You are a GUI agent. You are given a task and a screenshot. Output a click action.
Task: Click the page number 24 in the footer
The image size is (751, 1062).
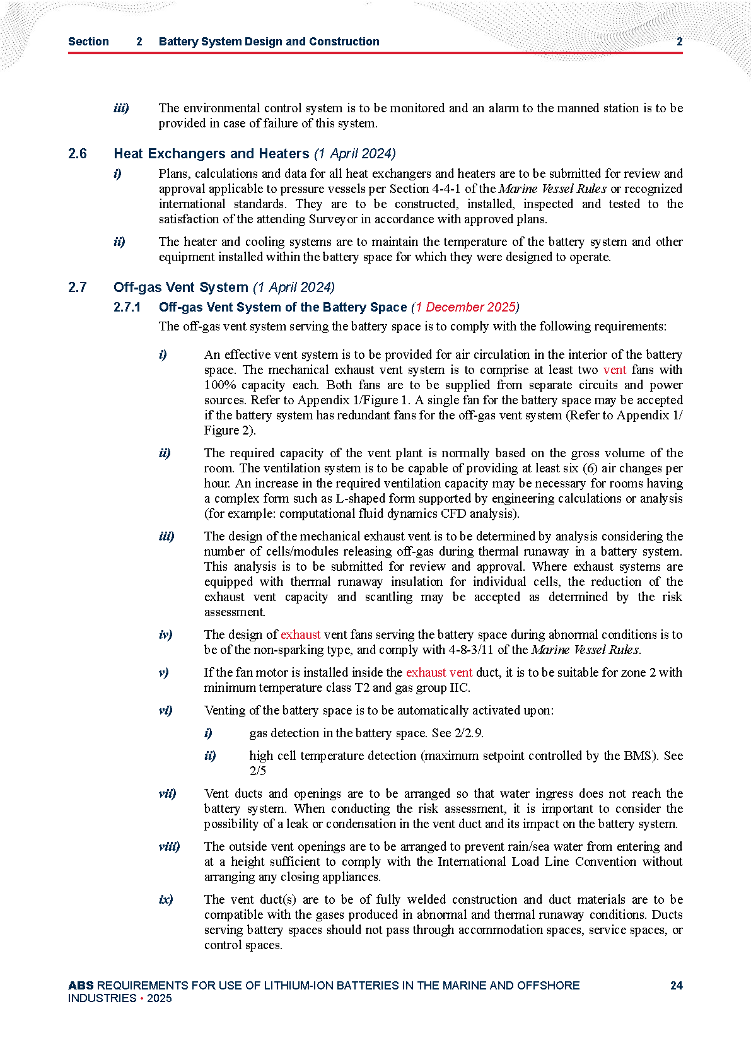(676, 985)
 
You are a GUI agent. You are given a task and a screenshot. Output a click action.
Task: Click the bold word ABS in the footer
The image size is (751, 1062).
(81, 985)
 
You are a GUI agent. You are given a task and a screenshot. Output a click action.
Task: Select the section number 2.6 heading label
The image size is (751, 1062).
(78, 154)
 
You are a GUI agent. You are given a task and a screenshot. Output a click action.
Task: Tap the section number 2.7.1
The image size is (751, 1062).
(127, 307)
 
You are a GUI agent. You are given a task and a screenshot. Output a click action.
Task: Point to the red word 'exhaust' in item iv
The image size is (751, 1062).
(300, 634)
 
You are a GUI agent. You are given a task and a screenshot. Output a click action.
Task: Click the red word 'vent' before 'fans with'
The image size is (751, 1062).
(615, 370)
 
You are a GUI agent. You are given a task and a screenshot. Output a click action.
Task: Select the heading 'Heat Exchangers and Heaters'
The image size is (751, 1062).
(211, 154)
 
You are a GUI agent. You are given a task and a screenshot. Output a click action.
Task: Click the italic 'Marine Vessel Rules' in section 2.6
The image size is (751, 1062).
(552, 189)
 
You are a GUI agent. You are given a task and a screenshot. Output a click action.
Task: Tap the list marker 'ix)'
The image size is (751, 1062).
(166, 899)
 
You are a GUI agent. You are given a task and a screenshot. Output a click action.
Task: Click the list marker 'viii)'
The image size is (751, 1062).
(169, 846)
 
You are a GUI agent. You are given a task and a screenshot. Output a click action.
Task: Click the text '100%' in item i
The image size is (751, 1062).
(218, 385)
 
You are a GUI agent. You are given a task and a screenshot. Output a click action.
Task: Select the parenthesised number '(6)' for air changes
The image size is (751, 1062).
(589, 468)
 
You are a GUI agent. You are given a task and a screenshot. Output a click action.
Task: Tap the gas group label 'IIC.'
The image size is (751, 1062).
(459, 687)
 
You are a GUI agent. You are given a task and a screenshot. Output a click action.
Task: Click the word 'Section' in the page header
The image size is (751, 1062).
(88, 42)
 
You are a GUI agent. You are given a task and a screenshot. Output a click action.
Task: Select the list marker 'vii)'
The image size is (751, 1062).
(167, 793)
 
